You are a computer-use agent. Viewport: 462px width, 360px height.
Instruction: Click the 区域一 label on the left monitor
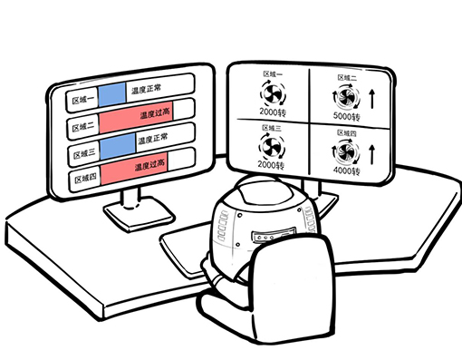coord(82,100)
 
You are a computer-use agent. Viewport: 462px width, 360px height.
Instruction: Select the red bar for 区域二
coord(136,117)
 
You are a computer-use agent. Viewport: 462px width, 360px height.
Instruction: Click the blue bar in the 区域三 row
coord(118,147)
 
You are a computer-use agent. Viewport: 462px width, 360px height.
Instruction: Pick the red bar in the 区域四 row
coord(134,169)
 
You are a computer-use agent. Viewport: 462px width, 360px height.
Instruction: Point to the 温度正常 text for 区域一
coord(146,89)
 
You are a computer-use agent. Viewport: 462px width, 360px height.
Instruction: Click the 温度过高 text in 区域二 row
coord(155,113)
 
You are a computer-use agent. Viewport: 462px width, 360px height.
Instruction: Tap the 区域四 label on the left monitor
coord(85,179)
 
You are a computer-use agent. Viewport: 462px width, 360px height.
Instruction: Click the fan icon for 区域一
coord(273,93)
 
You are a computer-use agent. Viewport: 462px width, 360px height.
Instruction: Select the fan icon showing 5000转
coord(346,97)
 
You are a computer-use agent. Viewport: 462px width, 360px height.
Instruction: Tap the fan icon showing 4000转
coord(345,152)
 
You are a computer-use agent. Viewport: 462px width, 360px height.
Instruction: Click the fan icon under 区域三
coord(272,147)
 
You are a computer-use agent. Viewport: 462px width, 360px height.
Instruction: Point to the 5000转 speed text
coord(347,116)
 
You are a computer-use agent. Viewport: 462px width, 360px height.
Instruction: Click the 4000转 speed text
coord(347,171)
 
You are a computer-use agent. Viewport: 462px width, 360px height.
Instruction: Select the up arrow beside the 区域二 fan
coord(372,99)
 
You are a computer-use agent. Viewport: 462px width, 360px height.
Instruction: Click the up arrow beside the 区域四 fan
coord(372,154)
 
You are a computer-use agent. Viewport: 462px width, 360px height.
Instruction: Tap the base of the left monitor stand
coord(139,215)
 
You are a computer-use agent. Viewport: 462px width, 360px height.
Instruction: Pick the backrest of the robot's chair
coord(293,287)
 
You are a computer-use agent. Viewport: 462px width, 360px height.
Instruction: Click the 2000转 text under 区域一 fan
coord(273,112)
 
